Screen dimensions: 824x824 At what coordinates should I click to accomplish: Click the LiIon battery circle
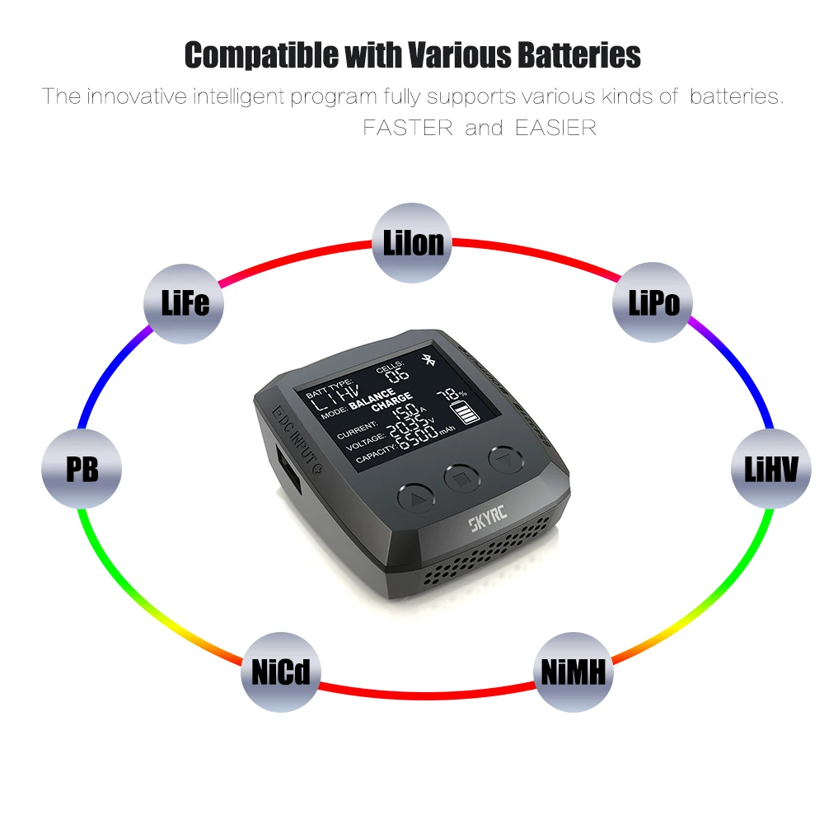point(413,242)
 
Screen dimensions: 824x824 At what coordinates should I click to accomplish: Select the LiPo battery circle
point(654,302)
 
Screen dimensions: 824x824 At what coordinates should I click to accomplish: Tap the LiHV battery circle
point(770,469)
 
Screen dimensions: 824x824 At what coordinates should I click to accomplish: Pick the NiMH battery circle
point(574,672)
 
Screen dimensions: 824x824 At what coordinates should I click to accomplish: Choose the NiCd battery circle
point(280,672)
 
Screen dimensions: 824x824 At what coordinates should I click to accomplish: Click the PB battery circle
point(82,469)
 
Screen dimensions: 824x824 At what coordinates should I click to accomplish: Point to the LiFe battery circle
point(185,302)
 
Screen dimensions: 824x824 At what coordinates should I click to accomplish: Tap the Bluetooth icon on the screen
point(427,360)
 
